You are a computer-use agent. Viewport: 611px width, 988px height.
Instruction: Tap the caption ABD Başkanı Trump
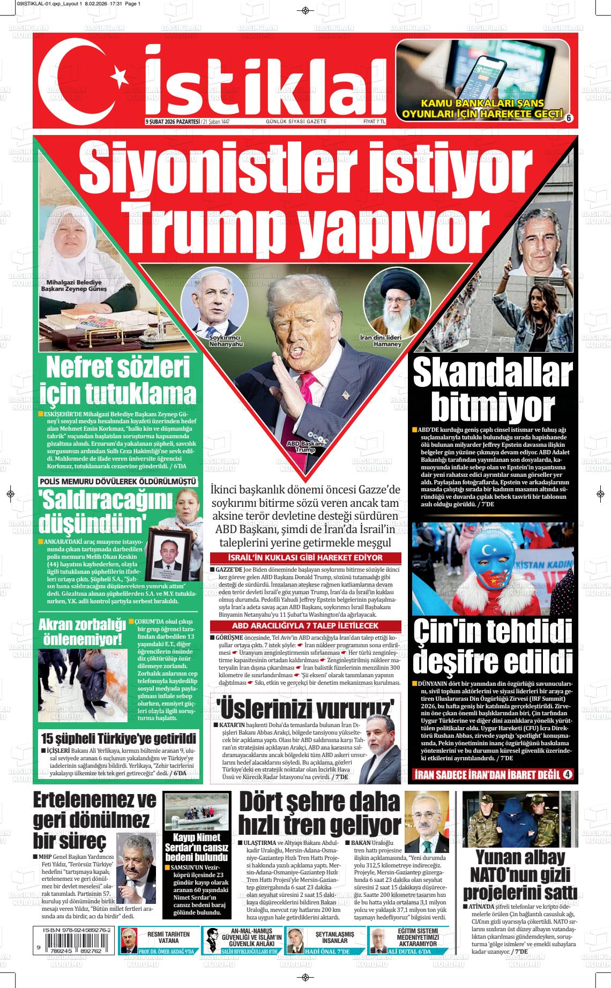point(305,447)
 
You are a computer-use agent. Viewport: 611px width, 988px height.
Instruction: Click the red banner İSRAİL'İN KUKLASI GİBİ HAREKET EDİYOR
point(305,558)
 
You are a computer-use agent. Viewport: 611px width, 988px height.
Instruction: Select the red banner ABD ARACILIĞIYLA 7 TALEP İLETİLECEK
point(305,625)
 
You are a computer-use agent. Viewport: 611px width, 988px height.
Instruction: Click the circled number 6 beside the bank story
point(569,118)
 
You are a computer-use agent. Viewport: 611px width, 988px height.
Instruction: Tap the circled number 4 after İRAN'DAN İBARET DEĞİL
point(568,774)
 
